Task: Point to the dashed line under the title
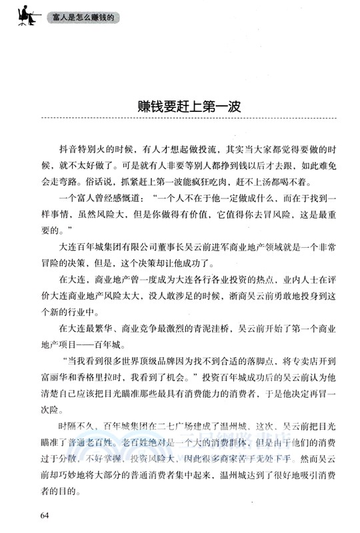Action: tap(180, 119)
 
